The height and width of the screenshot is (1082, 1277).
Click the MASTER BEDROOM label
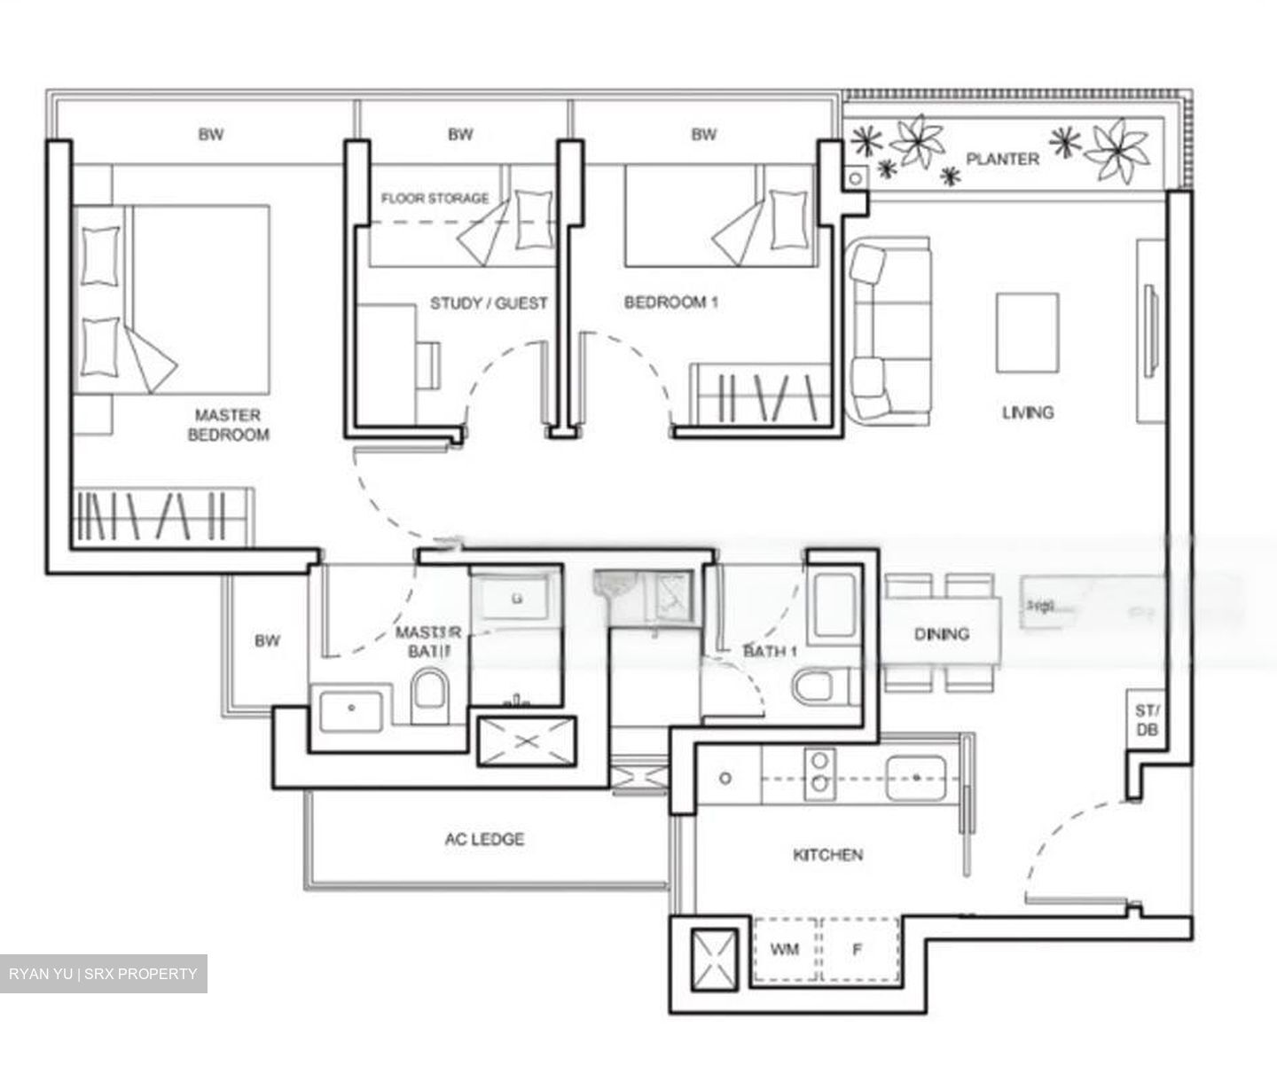228,425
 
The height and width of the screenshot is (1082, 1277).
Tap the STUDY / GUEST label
489,303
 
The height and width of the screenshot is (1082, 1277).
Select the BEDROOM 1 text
670,302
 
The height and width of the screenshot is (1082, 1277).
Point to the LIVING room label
1028,412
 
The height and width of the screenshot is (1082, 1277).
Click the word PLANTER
1002,160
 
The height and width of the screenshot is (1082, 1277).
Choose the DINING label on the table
942,634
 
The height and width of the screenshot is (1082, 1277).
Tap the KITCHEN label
827,855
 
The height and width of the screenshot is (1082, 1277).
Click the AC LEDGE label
484,839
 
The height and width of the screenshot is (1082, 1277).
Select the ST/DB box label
1145,720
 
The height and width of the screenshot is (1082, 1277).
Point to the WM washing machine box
785,950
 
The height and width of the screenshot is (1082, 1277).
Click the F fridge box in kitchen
858,950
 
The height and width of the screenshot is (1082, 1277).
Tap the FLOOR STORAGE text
435,199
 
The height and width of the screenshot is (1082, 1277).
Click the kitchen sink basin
917,777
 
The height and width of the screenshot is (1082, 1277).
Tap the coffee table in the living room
1027,333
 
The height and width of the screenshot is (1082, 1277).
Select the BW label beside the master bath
267,640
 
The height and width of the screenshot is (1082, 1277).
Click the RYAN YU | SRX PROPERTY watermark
103,974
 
